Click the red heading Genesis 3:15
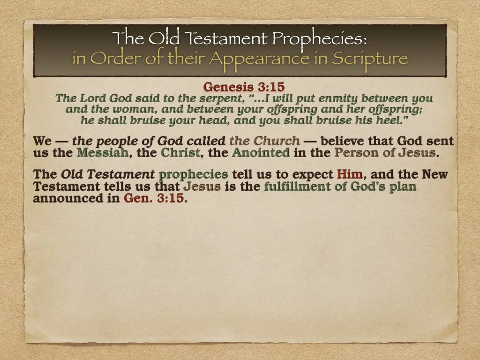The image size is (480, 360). pos(244,87)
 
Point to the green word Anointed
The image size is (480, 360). pos(261,152)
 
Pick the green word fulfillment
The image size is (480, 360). pos(299,187)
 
